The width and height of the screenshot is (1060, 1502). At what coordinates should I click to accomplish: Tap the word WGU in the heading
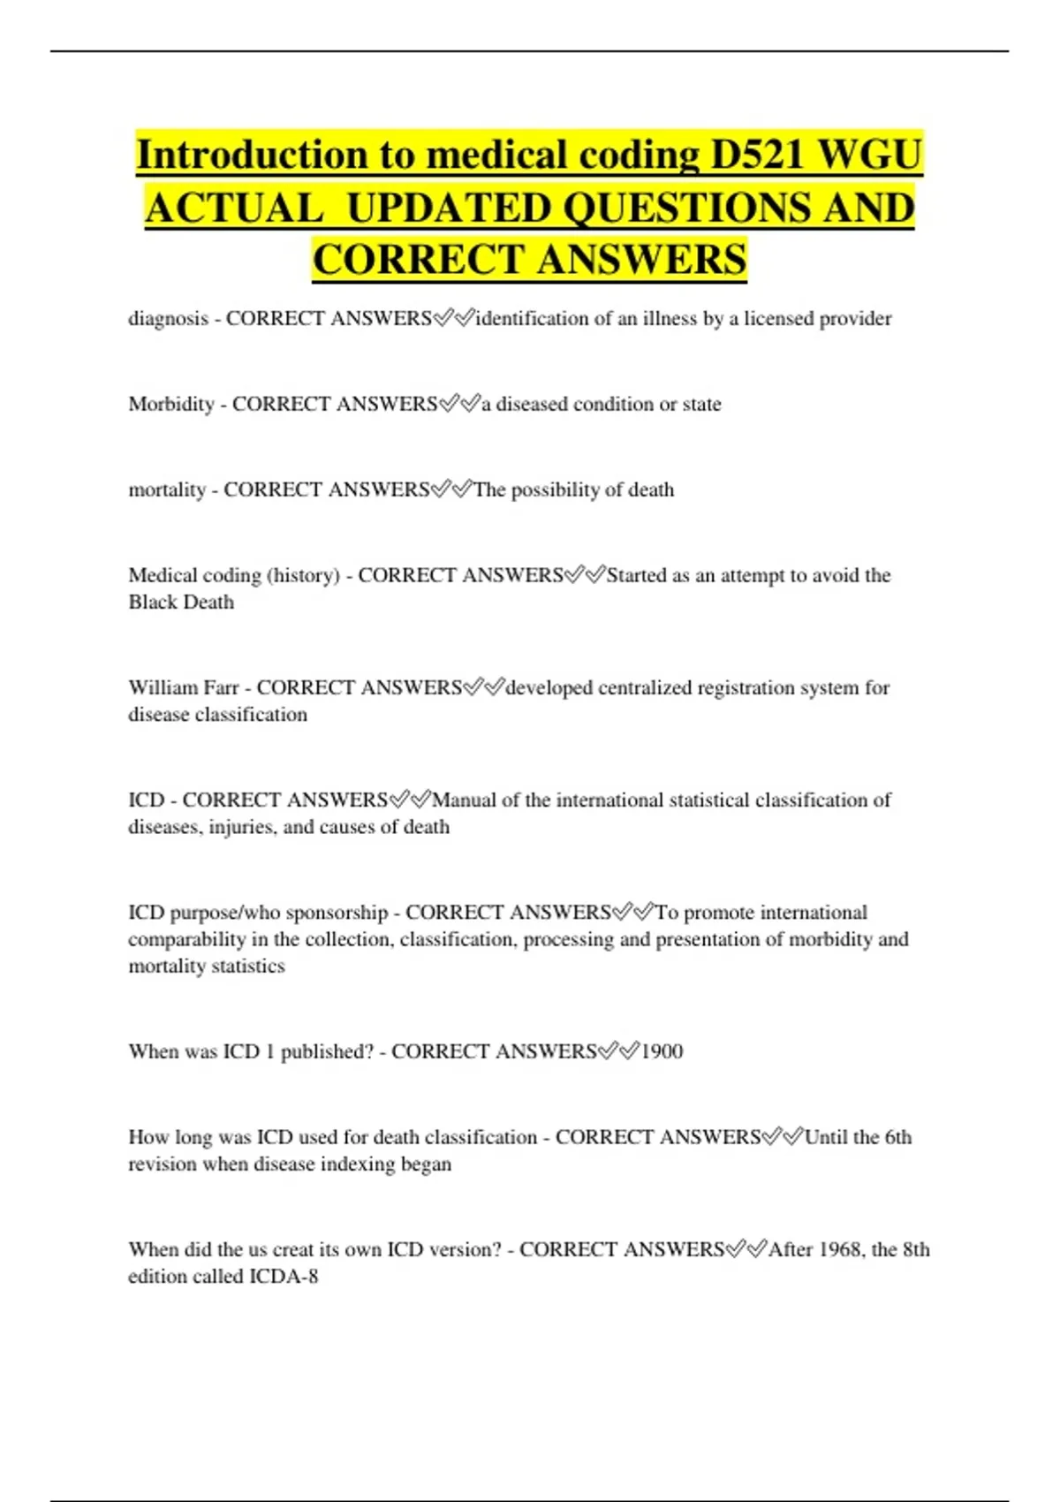[x=871, y=155]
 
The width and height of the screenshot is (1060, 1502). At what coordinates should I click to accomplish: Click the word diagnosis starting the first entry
[x=169, y=319]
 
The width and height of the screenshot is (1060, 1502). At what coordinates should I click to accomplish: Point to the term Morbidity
[x=171, y=405]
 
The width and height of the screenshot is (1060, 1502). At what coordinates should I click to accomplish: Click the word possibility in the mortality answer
[x=556, y=490]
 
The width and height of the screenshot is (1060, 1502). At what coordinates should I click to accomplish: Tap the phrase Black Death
[x=181, y=603]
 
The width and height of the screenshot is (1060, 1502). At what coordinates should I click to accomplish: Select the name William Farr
[x=183, y=687]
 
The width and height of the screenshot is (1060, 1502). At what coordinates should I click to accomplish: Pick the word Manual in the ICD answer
[x=464, y=800]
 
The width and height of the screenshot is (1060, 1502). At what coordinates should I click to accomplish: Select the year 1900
[x=662, y=1051]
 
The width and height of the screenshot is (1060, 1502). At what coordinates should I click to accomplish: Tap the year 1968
[x=840, y=1250]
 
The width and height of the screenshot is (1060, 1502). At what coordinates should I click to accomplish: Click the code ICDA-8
[x=284, y=1277]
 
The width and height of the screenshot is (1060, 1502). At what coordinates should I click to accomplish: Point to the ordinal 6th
[x=897, y=1137]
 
